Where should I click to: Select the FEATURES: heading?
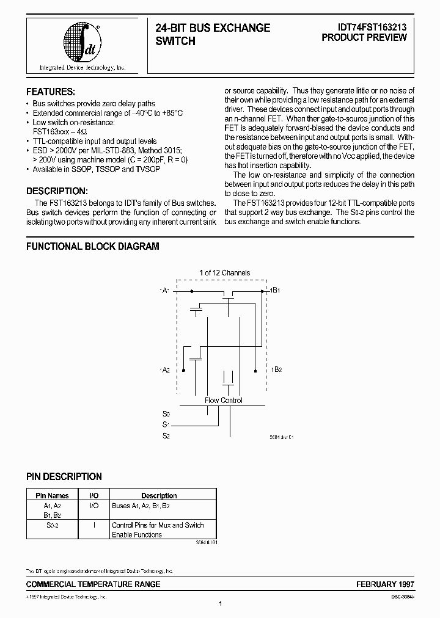(51, 92)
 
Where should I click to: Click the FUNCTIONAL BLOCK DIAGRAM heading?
(92, 247)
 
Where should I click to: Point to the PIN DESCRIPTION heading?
(64, 476)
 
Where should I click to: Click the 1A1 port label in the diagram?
(164, 291)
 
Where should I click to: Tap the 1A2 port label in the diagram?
(164, 370)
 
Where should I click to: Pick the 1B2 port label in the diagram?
(276, 370)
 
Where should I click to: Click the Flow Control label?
(224, 401)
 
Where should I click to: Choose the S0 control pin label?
(166, 413)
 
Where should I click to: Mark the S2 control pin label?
(166, 435)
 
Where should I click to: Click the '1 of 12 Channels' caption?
(224, 273)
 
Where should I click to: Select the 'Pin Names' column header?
(52, 496)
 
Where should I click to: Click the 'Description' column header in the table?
(159, 496)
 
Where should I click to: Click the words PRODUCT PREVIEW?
(364, 38)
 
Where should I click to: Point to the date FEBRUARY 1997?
(386, 584)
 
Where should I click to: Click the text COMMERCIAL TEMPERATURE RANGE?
(94, 584)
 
